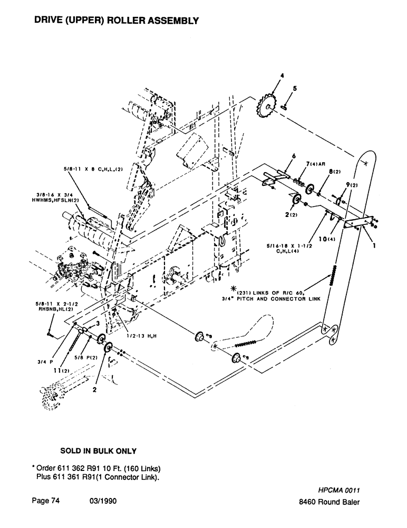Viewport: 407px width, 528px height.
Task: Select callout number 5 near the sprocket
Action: (x=294, y=89)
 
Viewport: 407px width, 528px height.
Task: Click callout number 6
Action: (x=293, y=156)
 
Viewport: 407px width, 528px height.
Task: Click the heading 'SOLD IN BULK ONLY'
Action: (x=99, y=451)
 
